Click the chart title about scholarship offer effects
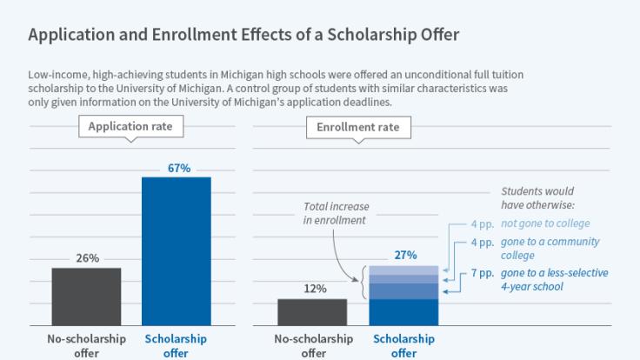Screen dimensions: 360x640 (243, 35)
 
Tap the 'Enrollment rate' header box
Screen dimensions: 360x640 (358, 127)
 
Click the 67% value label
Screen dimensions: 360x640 (179, 168)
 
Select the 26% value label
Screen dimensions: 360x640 (87, 258)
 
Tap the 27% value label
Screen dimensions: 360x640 (404, 256)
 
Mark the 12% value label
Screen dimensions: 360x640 (316, 289)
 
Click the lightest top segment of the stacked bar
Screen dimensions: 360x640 (404, 270)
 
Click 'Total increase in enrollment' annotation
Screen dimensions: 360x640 (337, 214)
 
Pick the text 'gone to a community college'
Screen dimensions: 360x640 (549, 249)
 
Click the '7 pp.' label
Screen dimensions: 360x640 (481, 273)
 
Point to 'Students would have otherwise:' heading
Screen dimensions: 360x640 (537, 197)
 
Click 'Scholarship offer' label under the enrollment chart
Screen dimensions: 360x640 (404, 345)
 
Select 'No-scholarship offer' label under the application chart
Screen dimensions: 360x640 (86, 345)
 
